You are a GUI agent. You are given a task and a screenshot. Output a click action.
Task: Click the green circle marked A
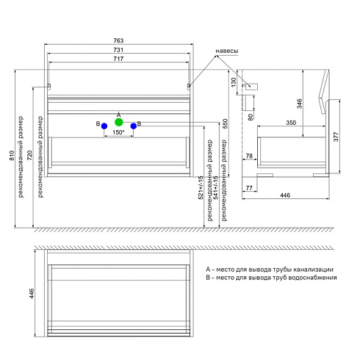119,122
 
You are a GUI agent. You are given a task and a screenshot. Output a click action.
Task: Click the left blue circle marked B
104,126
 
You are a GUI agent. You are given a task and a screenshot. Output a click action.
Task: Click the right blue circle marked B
134,126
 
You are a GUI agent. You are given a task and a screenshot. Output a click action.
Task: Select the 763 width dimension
118,40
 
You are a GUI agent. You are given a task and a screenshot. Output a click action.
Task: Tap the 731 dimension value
118,50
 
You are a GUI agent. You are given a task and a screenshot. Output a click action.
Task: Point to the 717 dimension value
118,59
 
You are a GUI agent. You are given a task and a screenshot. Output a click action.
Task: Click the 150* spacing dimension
118,132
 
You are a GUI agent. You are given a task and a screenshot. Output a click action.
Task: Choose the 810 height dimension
12,156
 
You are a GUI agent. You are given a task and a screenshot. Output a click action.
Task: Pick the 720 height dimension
29,156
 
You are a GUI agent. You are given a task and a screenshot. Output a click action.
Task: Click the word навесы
227,51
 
